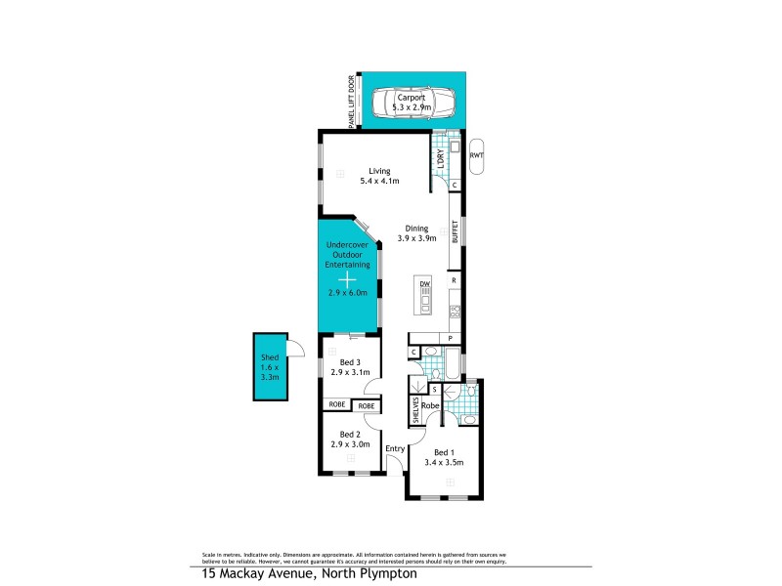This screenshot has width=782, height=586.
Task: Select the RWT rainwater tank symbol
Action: pyautogui.click(x=477, y=155)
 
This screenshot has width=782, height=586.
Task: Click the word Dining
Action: pyautogui.click(x=415, y=228)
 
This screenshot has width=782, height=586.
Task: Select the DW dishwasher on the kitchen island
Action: pyautogui.click(x=425, y=284)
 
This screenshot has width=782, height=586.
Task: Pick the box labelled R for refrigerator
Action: pyautogui.click(x=455, y=280)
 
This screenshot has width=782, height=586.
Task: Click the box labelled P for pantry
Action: pyautogui.click(x=450, y=338)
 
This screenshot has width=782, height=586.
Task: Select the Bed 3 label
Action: pyautogui.click(x=348, y=363)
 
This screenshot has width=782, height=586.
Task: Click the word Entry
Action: pyautogui.click(x=395, y=449)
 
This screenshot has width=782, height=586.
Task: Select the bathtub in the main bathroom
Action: pyautogui.click(x=446, y=368)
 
